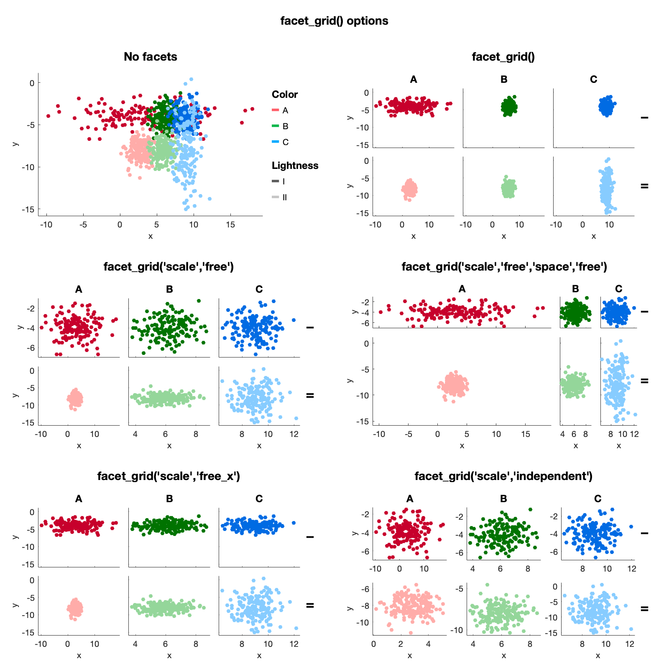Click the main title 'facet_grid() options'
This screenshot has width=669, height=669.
[334, 21]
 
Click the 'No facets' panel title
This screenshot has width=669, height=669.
[150, 57]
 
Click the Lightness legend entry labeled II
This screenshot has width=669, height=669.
[280, 197]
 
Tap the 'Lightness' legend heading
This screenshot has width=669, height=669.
[295, 166]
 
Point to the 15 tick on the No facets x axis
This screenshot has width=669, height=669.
[230, 225]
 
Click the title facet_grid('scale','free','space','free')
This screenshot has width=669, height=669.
[504, 267]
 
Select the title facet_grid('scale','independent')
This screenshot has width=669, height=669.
[503, 476]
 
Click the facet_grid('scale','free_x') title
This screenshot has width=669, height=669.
[169, 476]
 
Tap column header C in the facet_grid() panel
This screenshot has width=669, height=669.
[593, 79]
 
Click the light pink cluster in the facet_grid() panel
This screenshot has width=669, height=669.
[409, 189]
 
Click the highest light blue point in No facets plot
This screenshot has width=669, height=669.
[191, 79]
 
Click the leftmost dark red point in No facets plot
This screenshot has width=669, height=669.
[48, 116]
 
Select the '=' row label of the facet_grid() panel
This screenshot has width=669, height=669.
[644, 186]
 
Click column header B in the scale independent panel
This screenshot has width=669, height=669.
[503, 499]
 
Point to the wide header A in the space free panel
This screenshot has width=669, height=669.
[462, 289]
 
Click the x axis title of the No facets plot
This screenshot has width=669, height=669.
[151, 236]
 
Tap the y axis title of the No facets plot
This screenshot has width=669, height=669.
[15, 144]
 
